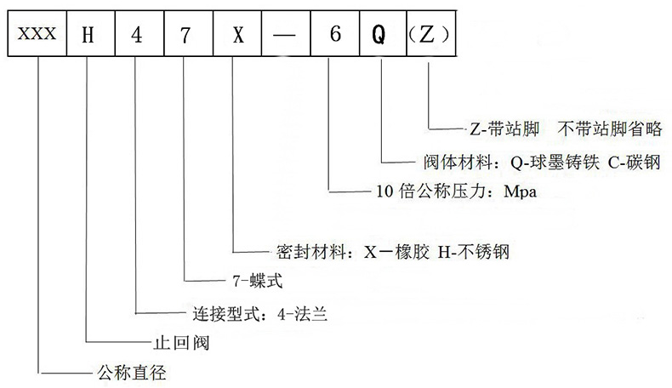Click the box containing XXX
coord(38,37)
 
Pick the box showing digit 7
coord(185,37)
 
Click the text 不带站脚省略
coord(612,129)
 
